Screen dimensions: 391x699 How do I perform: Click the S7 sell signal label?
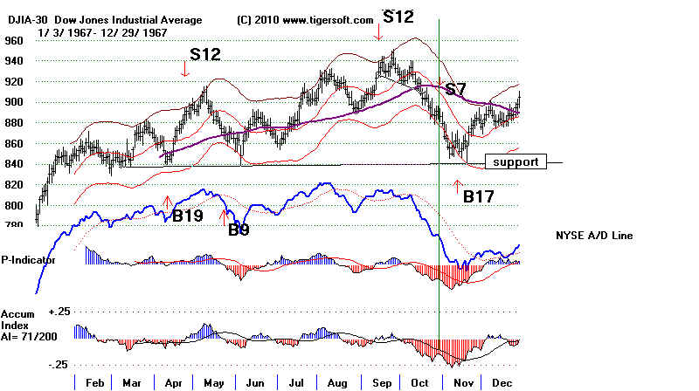(x=456, y=89)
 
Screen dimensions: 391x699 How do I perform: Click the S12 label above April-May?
(x=205, y=54)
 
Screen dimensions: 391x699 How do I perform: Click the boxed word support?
(x=516, y=161)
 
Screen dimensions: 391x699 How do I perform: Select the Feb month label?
(x=95, y=382)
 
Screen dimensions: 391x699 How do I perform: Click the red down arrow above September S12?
(x=378, y=31)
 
